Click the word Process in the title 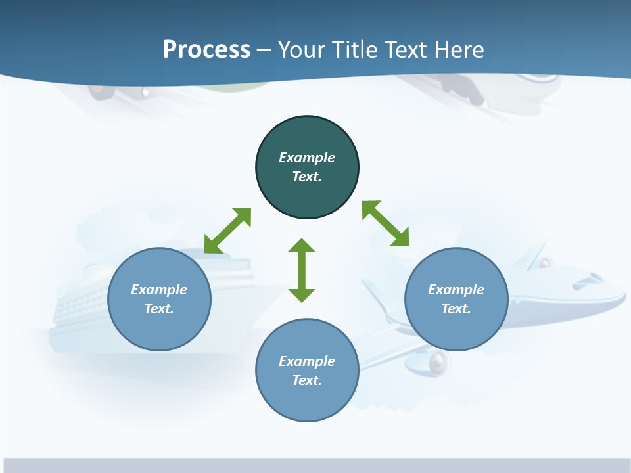(206, 50)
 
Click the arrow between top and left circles (227, 231)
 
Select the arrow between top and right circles (386, 223)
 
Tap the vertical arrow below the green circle (302, 270)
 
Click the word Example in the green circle (307, 158)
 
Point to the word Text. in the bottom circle (307, 380)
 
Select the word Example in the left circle (159, 290)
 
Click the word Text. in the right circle (456, 309)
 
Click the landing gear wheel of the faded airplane (437, 362)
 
